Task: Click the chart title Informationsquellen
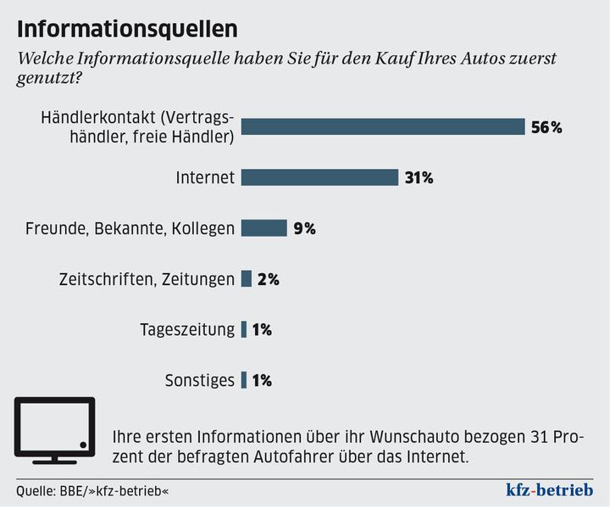tap(127, 28)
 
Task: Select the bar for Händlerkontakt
tap(383, 126)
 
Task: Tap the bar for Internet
tap(319, 177)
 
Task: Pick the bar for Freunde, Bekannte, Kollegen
tap(263, 227)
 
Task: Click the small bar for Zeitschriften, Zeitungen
tap(247, 278)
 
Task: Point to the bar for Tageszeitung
tap(244, 329)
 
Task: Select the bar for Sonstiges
tap(244, 380)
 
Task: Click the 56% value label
tap(546, 127)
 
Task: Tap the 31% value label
tap(419, 178)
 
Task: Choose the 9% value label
tap(304, 228)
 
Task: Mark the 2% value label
tap(269, 279)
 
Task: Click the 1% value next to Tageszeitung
tap(262, 330)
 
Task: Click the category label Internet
tap(205, 178)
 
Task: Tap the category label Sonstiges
tap(199, 381)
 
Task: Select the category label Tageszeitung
tap(187, 330)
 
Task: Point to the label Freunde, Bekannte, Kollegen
tap(130, 228)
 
